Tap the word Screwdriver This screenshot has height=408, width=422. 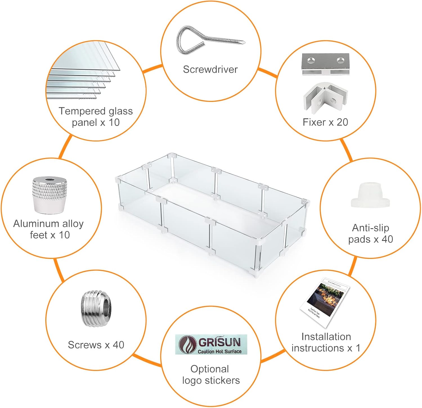coord(210,69)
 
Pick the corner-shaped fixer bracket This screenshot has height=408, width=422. coord(325,97)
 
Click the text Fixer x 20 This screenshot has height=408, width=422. coord(325,122)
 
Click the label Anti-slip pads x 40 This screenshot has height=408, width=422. coord(371,233)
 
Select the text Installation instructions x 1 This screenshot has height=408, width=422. coord(326,342)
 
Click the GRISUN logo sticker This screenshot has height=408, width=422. coord(211,344)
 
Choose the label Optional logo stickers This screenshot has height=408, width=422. coord(211,374)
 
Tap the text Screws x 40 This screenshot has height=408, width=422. coord(96,345)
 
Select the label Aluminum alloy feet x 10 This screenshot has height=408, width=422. coord(49,229)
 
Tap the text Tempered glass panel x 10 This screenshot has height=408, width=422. coord(96,117)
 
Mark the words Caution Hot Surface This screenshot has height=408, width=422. coord(219,351)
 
